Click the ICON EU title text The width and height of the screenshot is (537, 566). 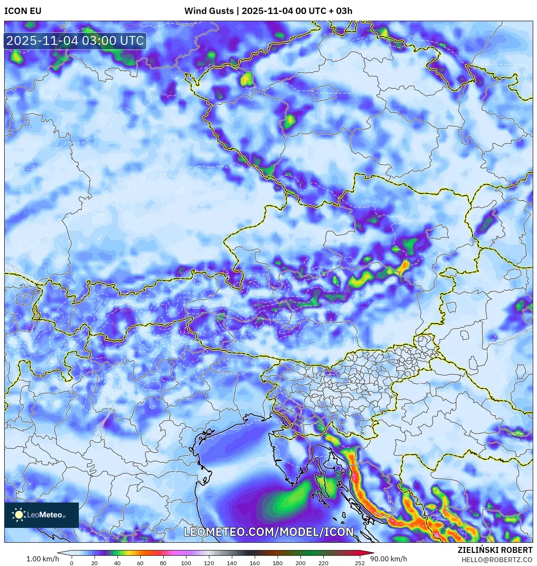(23, 11)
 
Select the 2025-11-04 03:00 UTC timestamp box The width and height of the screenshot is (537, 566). (75, 41)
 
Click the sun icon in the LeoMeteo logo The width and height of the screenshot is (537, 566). (19, 515)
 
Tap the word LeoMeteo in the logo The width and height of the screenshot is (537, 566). (45, 515)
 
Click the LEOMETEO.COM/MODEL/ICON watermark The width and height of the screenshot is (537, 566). (268, 532)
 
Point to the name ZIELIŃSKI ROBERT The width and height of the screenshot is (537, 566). (495, 550)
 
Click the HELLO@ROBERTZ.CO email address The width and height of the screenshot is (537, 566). (497, 560)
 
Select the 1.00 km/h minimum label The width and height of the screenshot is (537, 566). (42, 559)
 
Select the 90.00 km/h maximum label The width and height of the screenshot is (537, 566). (389, 559)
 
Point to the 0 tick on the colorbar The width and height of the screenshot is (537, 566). (72, 563)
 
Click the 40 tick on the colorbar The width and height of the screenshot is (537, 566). (117, 563)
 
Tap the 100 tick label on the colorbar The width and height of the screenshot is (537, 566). (186, 563)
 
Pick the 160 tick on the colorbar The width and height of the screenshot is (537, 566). (254, 563)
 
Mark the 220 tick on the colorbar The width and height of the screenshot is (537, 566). (323, 563)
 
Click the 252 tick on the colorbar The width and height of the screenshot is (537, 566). (359, 563)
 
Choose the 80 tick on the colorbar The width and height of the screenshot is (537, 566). (163, 563)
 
